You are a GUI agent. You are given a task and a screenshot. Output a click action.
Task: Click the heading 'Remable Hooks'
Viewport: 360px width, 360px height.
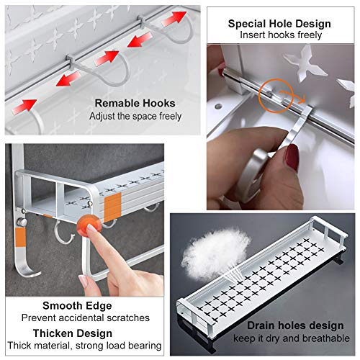point(135,103)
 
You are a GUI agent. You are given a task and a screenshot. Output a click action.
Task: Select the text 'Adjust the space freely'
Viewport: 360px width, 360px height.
point(135,117)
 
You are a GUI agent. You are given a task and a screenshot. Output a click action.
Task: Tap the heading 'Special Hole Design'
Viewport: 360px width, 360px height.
point(279,24)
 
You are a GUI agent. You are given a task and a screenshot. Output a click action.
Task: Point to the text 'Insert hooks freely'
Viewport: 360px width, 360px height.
point(281,35)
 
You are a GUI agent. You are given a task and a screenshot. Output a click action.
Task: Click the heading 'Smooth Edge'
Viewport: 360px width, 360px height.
point(77,306)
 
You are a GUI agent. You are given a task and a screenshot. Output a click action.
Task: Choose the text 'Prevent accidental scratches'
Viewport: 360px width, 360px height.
point(85,318)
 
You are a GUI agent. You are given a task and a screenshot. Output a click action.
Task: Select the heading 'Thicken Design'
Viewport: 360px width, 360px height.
point(73,333)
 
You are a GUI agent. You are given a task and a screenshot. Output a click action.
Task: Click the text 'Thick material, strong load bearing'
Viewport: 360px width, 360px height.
point(84,346)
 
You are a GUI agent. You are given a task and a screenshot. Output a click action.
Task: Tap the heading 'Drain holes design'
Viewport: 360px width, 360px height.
point(295,325)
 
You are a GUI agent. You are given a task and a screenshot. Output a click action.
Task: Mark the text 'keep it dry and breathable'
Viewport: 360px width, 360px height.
point(292,338)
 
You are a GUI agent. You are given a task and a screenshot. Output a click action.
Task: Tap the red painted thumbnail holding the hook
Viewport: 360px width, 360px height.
point(292,157)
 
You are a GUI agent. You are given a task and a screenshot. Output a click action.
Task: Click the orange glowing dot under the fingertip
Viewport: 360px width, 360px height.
point(89,225)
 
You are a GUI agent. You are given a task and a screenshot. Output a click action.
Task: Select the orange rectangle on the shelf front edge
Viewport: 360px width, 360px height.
point(112,207)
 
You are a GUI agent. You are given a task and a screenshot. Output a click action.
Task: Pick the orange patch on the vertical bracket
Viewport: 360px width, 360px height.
point(20,238)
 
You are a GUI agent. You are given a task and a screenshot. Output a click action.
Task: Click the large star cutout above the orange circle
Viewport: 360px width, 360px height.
point(305,63)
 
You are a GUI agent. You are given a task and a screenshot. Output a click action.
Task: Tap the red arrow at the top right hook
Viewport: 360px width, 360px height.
point(174,18)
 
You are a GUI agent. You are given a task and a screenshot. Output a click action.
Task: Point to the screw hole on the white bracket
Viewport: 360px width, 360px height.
point(218,106)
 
